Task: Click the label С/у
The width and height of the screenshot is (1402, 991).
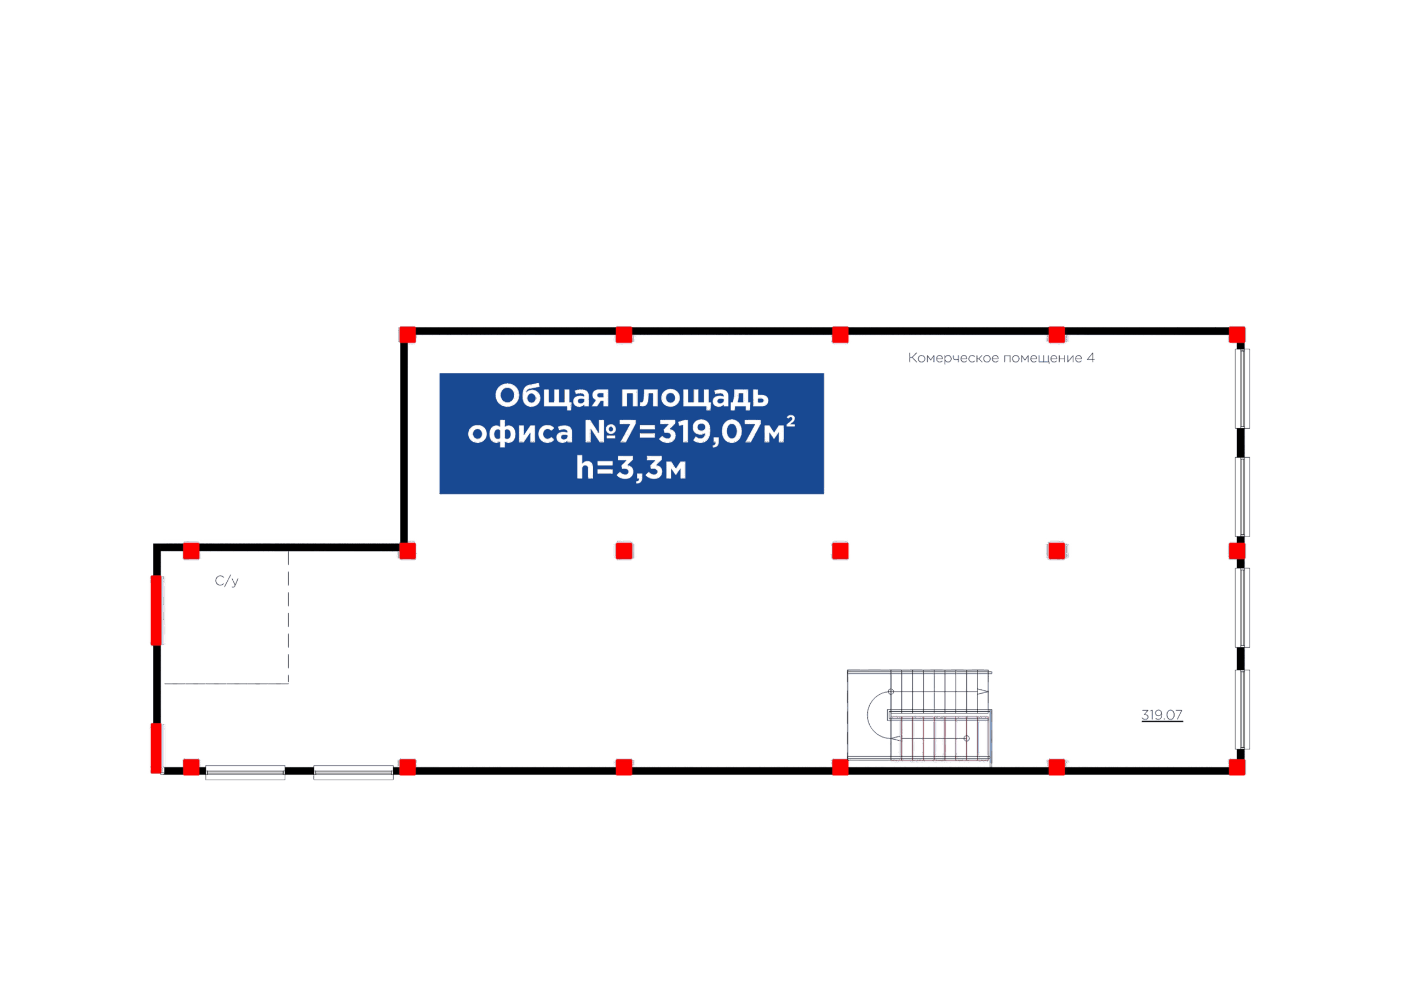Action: (227, 581)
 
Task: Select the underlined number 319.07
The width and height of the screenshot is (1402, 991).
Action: (1162, 715)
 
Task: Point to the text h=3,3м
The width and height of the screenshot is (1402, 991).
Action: (631, 468)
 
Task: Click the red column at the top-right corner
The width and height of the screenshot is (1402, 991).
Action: (1237, 335)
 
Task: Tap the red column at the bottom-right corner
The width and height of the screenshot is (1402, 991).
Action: (1237, 768)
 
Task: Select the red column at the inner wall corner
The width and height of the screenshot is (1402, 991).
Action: (407, 551)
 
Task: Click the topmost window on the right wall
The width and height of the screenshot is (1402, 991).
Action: (1242, 388)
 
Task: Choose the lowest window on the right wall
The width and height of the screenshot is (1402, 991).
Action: (1242, 710)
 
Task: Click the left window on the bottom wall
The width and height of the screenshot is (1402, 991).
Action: (245, 773)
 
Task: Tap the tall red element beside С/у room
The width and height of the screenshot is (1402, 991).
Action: (156, 610)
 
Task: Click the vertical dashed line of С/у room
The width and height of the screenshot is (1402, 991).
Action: (288, 617)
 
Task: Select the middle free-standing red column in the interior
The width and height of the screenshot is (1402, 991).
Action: (840, 551)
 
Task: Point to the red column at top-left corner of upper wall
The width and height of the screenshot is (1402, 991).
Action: (407, 335)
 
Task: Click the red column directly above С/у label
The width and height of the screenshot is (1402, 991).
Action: (191, 551)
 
